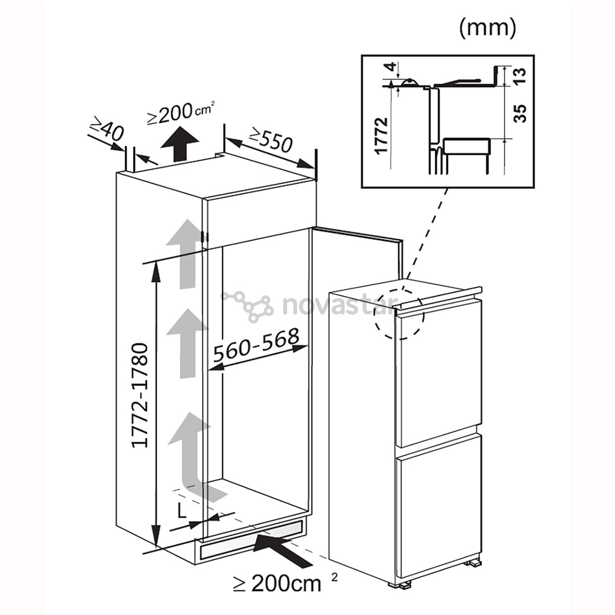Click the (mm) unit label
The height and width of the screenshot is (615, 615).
(x=487, y=29)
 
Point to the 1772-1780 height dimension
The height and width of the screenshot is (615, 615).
(x=140, y=395)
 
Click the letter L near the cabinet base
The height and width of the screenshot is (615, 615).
(x=181, y=510)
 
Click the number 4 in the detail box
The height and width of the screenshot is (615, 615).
(x=390, y=67)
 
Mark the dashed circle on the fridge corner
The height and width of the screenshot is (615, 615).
(x=399, y=314)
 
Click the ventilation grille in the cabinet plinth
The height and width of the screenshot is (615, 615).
(x=251, y=539)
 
